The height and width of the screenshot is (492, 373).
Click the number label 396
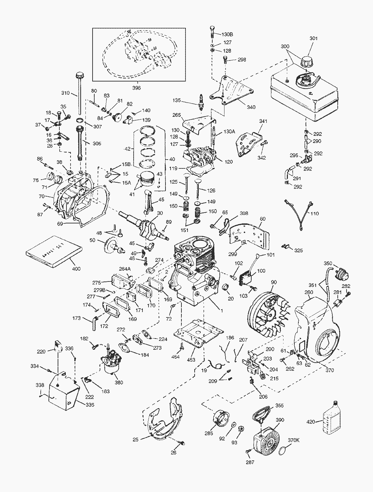pos(136,88)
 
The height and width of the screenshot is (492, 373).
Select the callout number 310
pos(65,93)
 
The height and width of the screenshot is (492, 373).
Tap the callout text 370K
pos(294,440)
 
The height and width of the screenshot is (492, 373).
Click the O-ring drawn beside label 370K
pos(283,451)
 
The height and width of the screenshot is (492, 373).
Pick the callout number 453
pos(191,360)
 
